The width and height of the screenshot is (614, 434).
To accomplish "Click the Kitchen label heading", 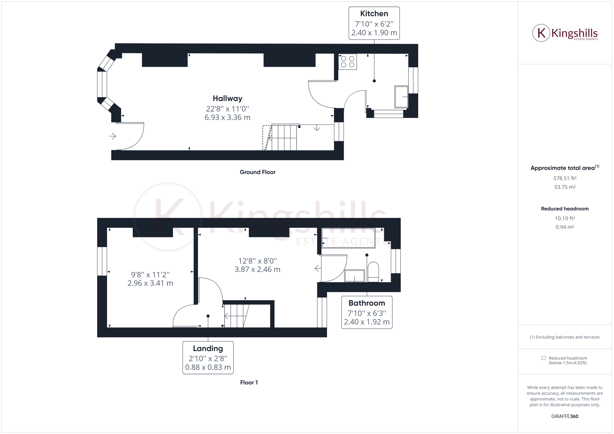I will coord(374,14).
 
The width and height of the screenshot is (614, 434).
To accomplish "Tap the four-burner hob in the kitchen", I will coord(347,62).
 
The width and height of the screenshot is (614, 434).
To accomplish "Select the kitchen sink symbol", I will coord(401,97).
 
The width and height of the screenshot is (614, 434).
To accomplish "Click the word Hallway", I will coord(227,98).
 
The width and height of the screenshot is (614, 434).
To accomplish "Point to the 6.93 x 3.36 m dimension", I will coord(227,117).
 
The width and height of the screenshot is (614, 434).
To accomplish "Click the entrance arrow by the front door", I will coord(112,136).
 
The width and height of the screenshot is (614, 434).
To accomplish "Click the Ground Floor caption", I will coord(257,172).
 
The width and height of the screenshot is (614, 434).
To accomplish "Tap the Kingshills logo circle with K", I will coord(541,33).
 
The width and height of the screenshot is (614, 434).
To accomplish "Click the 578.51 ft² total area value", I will coord(565,178).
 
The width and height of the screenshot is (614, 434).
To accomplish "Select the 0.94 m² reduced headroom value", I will coord(565,227).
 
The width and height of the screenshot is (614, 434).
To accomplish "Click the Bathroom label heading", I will coord(367,303).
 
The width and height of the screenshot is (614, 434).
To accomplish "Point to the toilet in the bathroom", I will coord(373,272).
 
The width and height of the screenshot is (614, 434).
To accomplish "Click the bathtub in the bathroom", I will coord(348,238).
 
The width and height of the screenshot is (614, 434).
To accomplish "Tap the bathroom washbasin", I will coord(354,276).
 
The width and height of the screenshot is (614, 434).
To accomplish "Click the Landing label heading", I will coord(208,348).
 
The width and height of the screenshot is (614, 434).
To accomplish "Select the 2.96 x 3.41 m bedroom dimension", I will coord(150,283).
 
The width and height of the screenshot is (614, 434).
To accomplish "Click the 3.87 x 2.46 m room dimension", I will coord(257,269).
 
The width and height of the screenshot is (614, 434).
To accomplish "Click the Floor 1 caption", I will coord(249,382).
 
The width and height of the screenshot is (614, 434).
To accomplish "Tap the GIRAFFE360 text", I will coord(565,416).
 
